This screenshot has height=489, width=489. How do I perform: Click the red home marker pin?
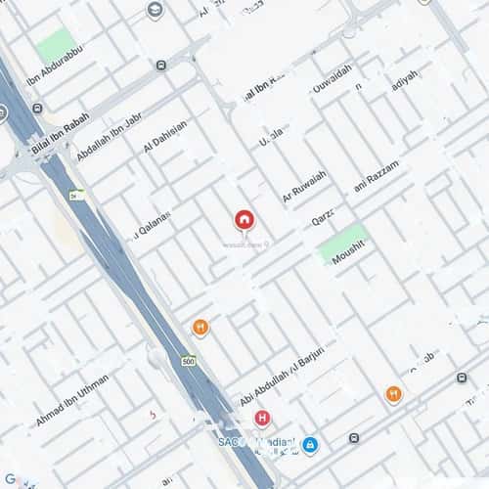(x=244, y=220)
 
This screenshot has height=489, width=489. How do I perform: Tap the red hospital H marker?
(x=261, y=419)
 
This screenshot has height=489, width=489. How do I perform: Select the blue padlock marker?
(x=310, y=445)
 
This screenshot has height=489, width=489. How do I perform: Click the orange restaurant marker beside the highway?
(x=200, y=327)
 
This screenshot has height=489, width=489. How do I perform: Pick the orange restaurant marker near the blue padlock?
(x=393, y=393)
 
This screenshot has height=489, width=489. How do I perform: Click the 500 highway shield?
(x=188, y=362)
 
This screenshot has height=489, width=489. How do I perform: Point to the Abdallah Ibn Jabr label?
(x=109, y=138)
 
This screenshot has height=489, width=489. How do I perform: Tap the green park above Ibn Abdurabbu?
(x=56, y=45)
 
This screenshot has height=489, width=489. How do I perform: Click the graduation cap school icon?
(x=155, y=10)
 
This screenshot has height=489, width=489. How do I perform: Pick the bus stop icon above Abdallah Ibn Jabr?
(x=160, y=66)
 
